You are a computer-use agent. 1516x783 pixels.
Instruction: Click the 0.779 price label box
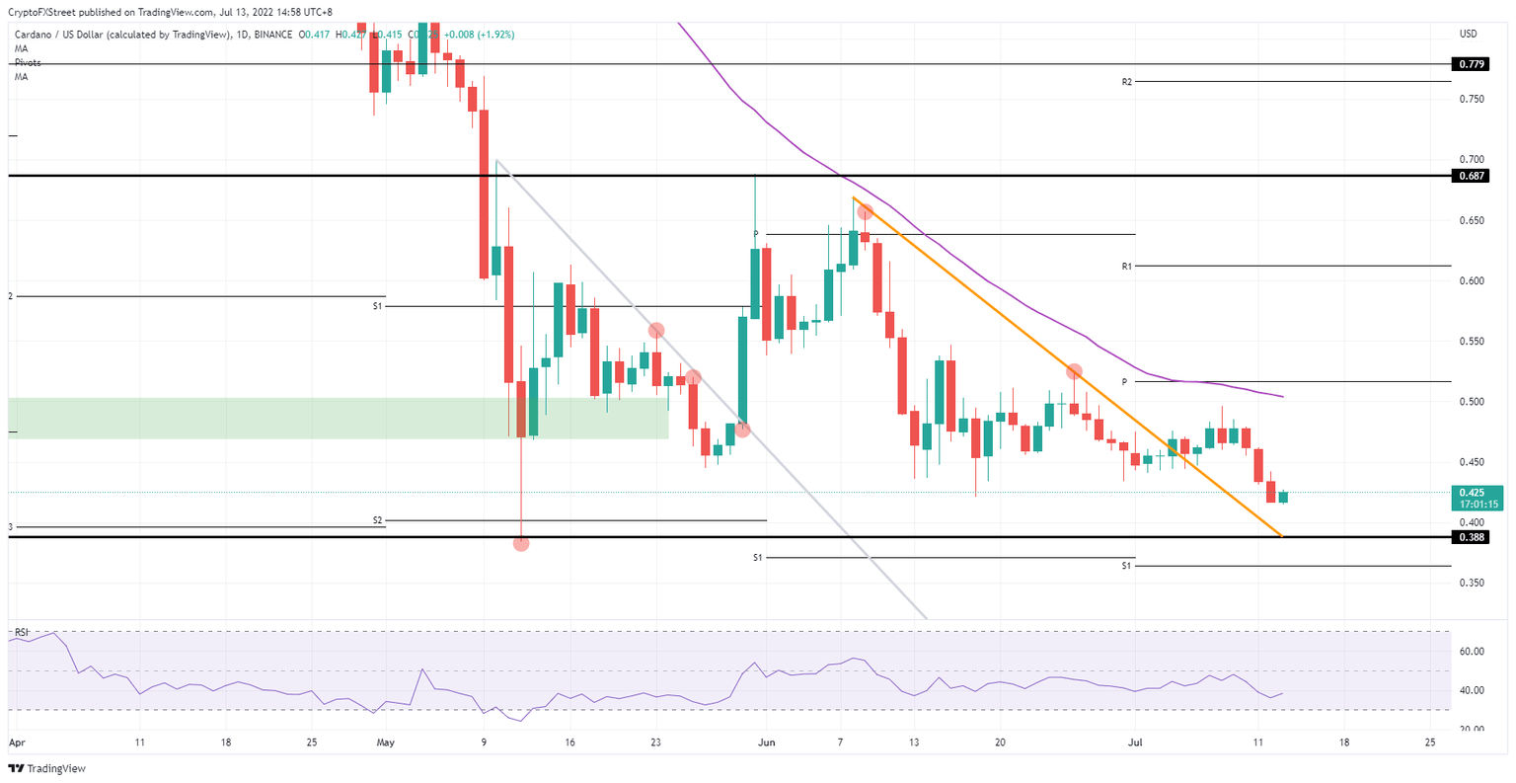click(1471, 64)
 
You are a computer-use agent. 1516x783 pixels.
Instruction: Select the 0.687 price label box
click(1471, 176)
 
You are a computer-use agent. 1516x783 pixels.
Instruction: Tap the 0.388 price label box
click(1471, 537)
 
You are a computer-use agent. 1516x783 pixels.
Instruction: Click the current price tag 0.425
click(1471, 492)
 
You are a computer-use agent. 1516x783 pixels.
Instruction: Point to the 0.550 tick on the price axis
click(1471, 342)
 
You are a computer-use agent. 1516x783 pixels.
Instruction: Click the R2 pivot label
click(1126, 82)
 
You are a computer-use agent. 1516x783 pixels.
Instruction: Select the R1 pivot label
click(1126, 267)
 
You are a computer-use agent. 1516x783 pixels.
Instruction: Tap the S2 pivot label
click(377, 520)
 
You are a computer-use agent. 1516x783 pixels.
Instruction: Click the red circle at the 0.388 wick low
click(521, 543)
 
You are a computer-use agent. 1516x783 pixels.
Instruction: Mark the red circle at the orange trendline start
click(866, 211)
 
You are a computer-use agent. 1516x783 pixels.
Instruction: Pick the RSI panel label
click(21, 631)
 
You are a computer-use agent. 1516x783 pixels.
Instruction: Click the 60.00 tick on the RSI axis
click(1473, 652)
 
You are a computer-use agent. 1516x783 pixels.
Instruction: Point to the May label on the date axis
click(385, 743)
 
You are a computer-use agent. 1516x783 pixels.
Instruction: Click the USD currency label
click(1468, 35)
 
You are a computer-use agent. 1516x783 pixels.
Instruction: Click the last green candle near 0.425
click(1283, 497)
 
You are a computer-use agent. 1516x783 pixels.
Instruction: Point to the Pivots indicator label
click(28, 62)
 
